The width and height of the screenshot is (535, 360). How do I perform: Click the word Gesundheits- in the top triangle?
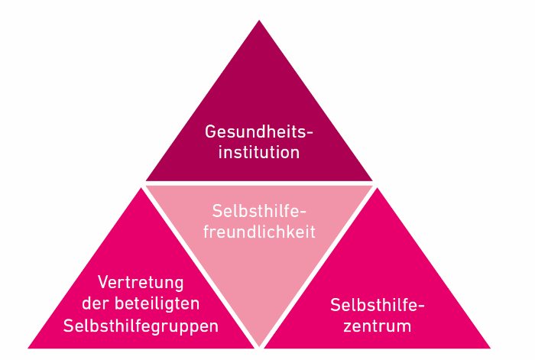pyautogui.click(x=258, y=131)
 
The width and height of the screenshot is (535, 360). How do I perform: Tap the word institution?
pyautogui.click(x=259, y=152)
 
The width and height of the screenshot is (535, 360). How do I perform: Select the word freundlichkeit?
pyautogui.click(x=259, y=232)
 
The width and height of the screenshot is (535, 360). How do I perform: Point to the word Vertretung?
pyautogui.click(x=141, y=283)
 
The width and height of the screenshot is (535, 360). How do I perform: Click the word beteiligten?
pyautogui.click(x=157, y=303)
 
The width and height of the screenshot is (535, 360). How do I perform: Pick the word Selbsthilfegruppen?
pyautogui.click(x=141, y=326)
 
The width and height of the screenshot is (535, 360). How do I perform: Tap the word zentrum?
pyautogui.click(x=378, y=326)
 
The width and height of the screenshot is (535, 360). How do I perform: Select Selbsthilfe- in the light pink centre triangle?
pyautogui.click(x=259, y=211)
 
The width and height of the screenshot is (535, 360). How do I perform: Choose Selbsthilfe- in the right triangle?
pyautogui.click(x=378, y=305)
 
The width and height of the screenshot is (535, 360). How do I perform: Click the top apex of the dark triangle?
pyautogui.click(x=259, y=20)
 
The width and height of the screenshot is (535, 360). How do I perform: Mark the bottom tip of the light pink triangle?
pyautogui.click(x=259, y=346)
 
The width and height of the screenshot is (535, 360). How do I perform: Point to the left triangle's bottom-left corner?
pyautogui.click(x=28, y=348)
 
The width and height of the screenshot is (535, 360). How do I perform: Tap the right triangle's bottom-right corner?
pyautogui.click(x=491, y=348)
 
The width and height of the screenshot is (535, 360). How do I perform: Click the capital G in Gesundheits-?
pyautogui.click(x=210, y=131)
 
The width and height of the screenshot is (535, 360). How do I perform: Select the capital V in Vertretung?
pyautogui.click(x=103, y=282)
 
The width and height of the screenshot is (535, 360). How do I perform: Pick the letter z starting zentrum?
pyautogui.click(x=348, y=327)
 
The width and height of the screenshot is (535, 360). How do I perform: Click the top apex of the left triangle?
pyautogui.click(x=141, y=188)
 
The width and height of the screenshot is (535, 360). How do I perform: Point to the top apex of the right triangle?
pyautogui.click(x=378, y=188)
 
